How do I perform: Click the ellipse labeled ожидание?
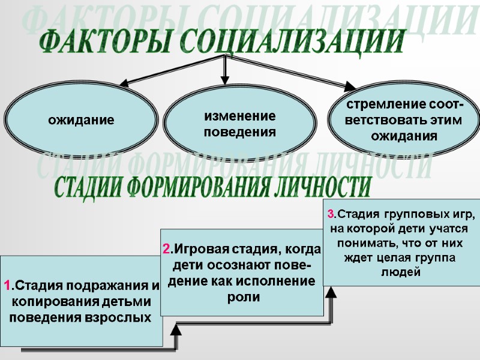[82, 120]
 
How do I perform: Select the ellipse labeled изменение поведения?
[239, 124]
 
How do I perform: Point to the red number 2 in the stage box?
[167, 249]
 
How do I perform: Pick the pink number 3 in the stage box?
[330, 214]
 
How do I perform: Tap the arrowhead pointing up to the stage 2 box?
[177, 329]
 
